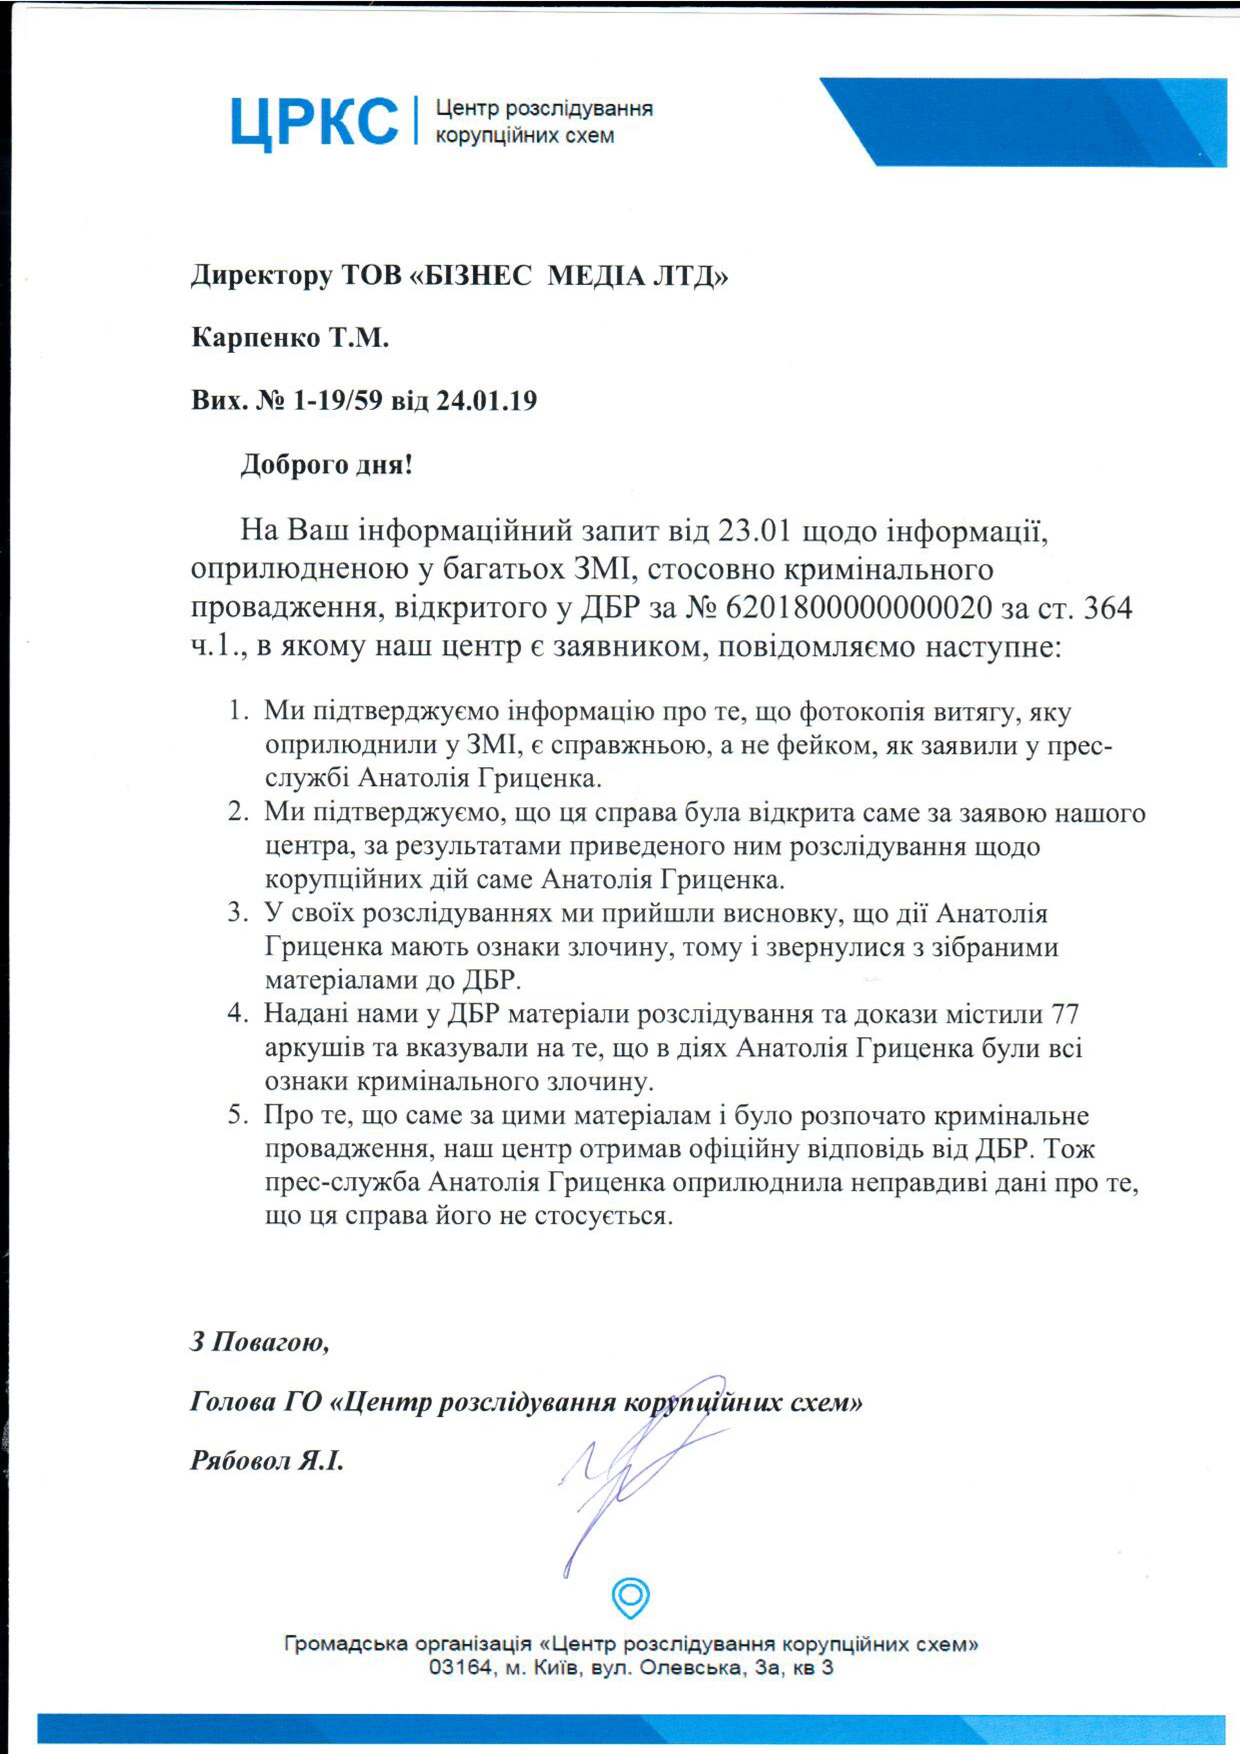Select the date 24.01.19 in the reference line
pos(486,400)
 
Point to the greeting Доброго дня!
pos(327,464)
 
